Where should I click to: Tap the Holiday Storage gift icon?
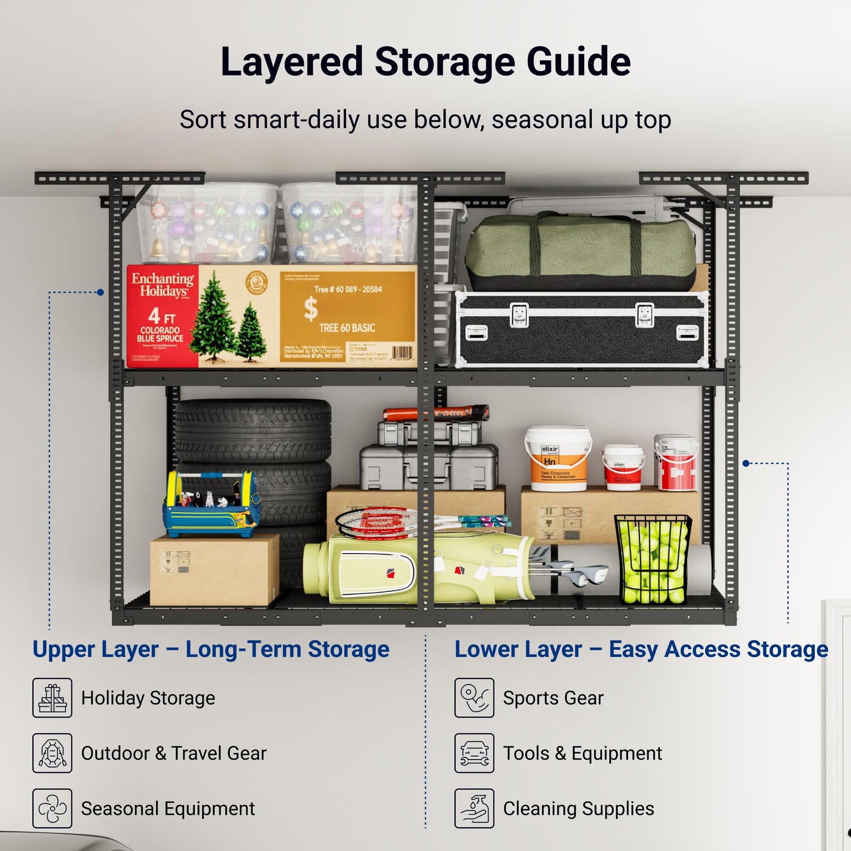(52, 698)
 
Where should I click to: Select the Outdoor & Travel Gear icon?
(52, 753)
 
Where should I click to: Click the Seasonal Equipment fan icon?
(52, 808)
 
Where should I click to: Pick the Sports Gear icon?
(474, 698)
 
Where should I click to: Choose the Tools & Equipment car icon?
(474, 753)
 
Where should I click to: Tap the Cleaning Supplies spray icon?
(474, 808)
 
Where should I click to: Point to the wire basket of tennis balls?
(652, 559)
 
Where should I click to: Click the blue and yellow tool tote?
(211, 505)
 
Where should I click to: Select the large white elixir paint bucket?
(557, 458)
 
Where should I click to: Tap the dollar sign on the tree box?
(310, 309)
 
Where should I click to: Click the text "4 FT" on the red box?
(161, 315)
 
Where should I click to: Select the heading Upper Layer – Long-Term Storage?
(210, 649)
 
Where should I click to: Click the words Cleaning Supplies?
(578, 808)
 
